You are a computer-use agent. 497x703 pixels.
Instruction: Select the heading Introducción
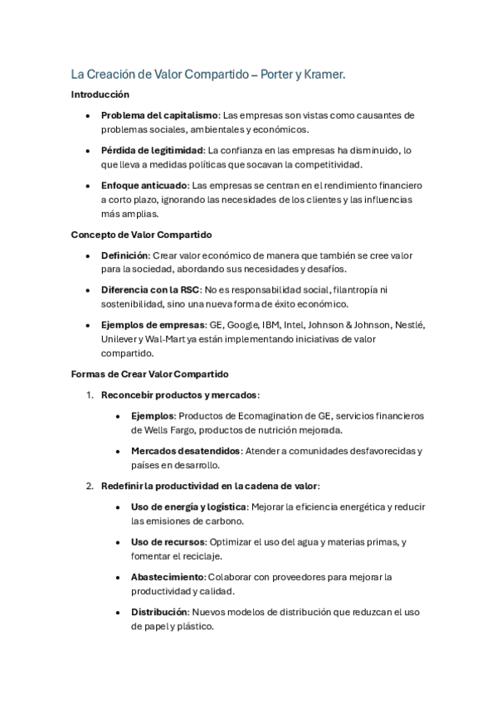pyautogui.click(x=100, y=95)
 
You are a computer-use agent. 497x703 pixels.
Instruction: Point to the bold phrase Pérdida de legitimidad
pyautogui.click(x=152, y=150)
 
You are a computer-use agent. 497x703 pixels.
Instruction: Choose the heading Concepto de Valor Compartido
pyautogui.click(x=142, y=235)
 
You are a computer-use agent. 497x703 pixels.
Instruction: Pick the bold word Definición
pyautogui.click(x=124, y=255)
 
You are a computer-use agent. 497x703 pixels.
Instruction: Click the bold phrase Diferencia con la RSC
pyautogui.click(x=150, y=290)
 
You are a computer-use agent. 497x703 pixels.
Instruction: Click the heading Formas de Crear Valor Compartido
pyautogui.click(x=149, y=374)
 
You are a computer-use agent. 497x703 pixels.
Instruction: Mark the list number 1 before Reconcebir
pyautogui.click(x=89, y=395)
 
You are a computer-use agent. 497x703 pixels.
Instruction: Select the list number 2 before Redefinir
pyautogui.click(x=89, y=485)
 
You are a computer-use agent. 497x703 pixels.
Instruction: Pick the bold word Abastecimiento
pyautogui.click(x=168, y=576)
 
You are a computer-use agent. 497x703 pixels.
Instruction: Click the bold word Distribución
pyautogui.click(x=159, y=612)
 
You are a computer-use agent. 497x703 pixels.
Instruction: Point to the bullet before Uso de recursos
pyautogui.click(x=119, y=541)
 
